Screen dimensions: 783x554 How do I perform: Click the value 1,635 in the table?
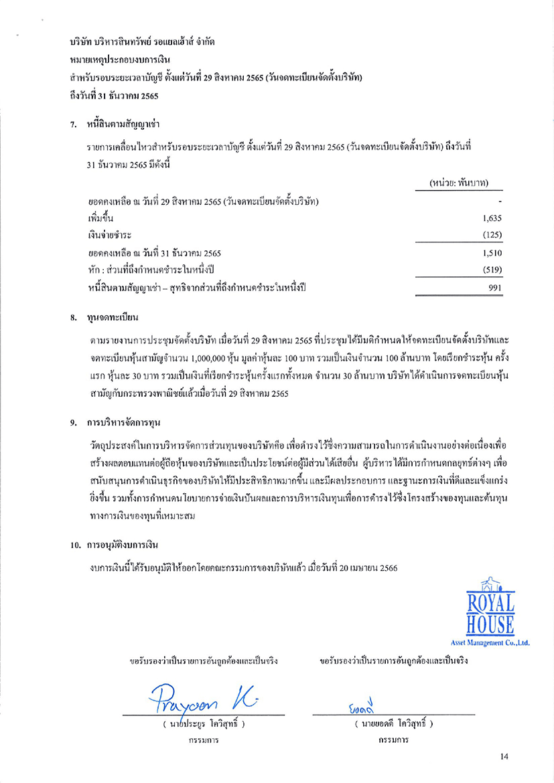pos(492,218)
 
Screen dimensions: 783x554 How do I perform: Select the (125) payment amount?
pos(492,236)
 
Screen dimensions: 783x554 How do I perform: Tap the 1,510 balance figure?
pos(492,254)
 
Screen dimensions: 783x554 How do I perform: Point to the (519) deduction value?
pos(492,270)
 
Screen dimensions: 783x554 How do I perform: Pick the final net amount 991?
pos(494,288)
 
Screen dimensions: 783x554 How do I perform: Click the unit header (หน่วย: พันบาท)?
pos(458,183)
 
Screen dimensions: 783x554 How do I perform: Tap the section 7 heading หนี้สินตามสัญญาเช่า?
pos(123,124)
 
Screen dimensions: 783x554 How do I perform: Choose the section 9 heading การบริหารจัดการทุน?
pos(123,423)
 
